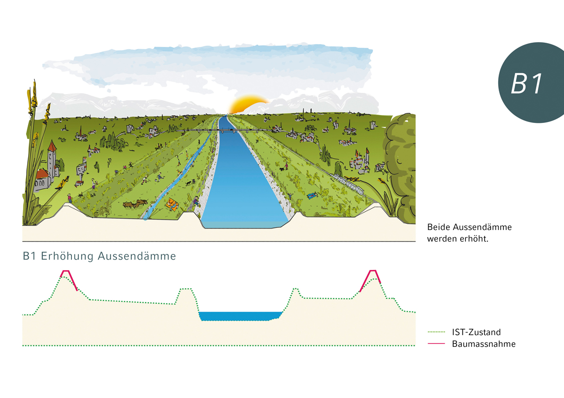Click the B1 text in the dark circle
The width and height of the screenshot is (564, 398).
526,84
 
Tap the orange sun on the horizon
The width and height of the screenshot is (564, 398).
249,104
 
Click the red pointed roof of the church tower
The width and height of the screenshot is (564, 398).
52,146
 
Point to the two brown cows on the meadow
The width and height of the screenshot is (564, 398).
135,203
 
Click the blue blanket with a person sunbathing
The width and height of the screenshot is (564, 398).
312,195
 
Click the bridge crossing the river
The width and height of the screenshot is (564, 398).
224,130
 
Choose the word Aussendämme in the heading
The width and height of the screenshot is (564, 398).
137,256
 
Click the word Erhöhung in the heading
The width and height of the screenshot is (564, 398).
67,256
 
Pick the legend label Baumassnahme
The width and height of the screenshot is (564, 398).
484,344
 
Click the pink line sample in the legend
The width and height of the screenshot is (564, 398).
436,344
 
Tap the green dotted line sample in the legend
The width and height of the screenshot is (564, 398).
436,332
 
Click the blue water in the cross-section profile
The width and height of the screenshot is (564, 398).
240,316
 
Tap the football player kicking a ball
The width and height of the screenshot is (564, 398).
160,177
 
